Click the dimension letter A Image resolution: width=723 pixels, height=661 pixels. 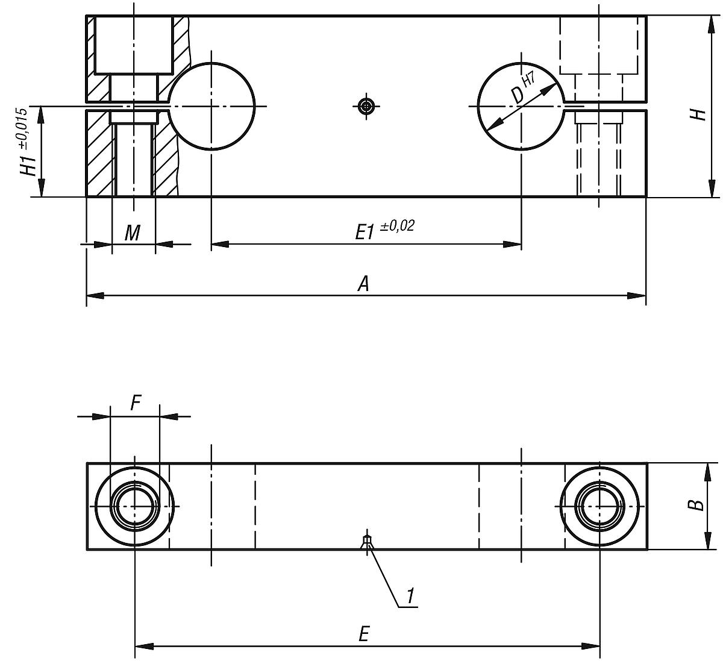(363, 283)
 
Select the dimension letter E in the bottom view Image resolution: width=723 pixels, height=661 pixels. (363, 634)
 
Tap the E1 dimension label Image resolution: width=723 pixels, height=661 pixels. (365, 233)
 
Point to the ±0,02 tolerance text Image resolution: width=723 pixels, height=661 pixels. (397, 226)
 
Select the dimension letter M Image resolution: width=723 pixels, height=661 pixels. (133, 233)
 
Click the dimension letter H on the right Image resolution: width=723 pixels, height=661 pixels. (698, 114)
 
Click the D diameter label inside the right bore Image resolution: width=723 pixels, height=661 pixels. (516, 95)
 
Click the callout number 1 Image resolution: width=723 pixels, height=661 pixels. (410, 596)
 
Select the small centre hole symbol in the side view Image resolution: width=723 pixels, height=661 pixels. (366, 107)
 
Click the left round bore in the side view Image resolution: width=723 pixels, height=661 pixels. (211, 106)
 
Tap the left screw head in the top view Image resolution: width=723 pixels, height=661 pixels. (135, 506)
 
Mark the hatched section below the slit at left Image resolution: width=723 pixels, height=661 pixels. (99, 154)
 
